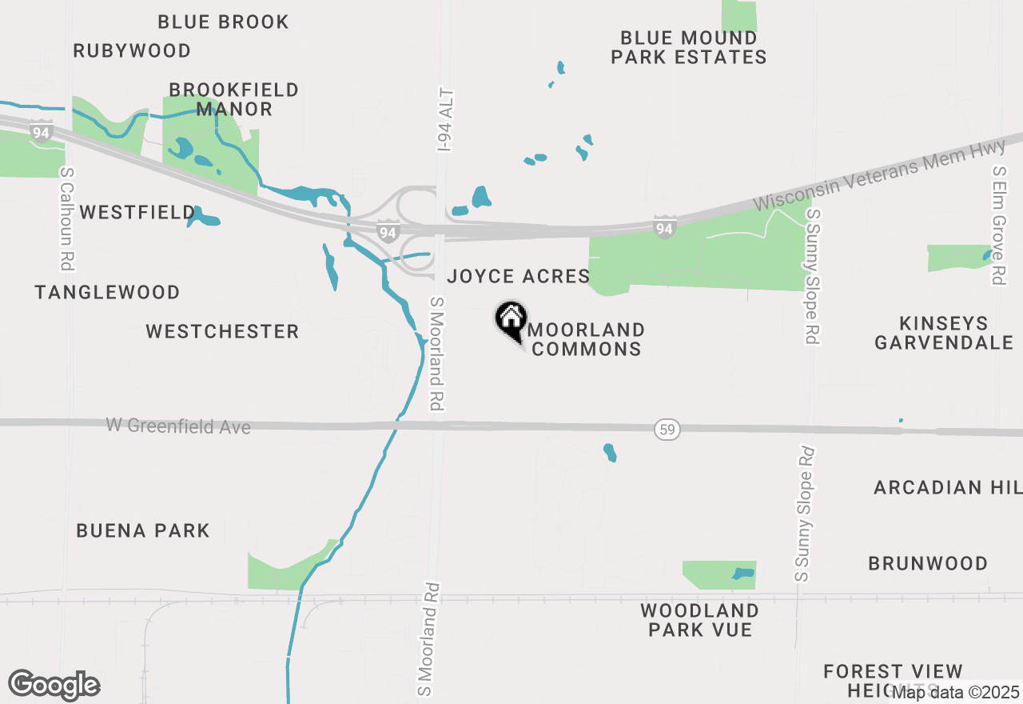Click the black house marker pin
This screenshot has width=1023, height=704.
[x=511, y=321]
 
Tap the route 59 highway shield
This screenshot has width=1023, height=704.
[x=667, y=430]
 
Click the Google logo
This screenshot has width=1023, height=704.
[x=54, y=685]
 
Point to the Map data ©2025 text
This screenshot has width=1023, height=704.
[x=955, y=692]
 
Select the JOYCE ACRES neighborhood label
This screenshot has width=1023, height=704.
[x=519, y=277]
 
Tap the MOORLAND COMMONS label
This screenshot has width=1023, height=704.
[x=587, y=339]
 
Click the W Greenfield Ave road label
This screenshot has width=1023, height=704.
[x=178, y=426]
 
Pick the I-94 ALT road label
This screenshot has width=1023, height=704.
[x=446, y=120]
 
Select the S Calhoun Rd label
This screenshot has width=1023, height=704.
[x=66, y=218]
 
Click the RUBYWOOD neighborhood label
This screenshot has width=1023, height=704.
[x=132, y=51]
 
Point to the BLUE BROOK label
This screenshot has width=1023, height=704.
[x=223, y=22]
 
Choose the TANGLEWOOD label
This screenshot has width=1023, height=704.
[x=107, y=293]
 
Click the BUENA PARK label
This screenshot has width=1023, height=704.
[x=143, y=530]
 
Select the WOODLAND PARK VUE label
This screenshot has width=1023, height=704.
[x=699, y=620]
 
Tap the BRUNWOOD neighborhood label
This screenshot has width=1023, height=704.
[x=928, y=563]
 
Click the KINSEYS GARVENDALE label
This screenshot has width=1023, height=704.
[x=944, y=333]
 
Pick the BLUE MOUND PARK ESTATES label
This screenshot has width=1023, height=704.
[x=689, y=48]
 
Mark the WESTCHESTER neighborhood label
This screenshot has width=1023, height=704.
[x=222, y=331]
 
